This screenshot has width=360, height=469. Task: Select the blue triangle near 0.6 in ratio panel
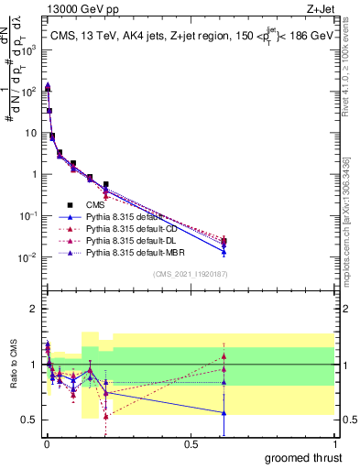tap(224, 412)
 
